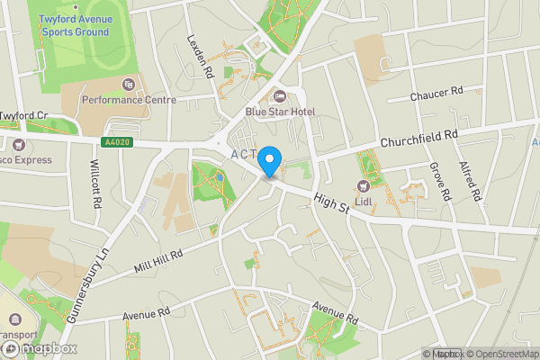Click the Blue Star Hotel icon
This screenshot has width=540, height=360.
tap(279, 96)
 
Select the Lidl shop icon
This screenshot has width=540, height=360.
tap(364, 184)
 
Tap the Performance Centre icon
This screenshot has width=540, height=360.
tap(129, 85)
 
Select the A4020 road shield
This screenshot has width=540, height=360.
tap(116, 142)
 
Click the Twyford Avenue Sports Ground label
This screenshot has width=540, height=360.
tap(74, 25)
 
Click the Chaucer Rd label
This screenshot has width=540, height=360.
tap(436, 93)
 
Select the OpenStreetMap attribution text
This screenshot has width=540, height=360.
tap(502, 354)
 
